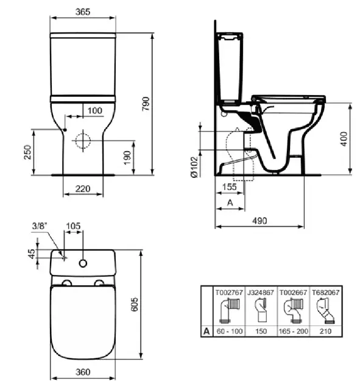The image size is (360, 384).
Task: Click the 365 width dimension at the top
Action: [83, 12]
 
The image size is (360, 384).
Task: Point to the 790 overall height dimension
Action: [146, 104]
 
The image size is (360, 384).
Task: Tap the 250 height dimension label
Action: [27, 152]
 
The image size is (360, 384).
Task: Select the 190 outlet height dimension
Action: [127, 158]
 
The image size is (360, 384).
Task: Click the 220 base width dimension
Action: [83, 189]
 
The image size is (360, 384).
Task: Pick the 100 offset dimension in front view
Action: [94, 111]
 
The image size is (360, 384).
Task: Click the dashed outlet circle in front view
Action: [83, 141]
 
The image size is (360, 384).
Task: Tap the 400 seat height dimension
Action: [344, 139]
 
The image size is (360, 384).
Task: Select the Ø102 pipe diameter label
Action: [194, 167]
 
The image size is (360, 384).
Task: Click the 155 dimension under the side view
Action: [230, 187]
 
